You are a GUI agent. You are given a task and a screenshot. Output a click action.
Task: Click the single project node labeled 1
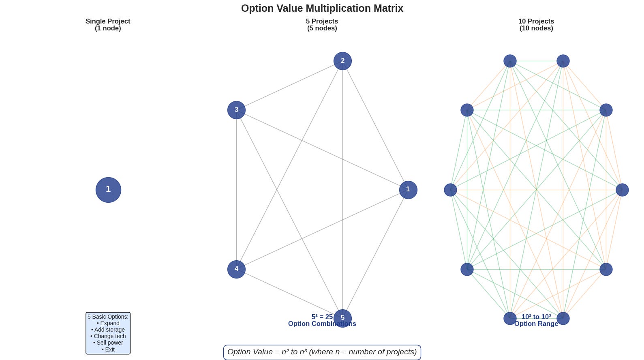tap(108, 190)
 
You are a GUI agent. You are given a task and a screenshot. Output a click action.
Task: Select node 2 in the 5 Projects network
tap(342, 61)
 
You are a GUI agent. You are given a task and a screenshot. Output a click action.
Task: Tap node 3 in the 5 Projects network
tap(236, 110)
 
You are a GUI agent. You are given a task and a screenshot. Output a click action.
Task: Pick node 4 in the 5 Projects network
tap(236, 269)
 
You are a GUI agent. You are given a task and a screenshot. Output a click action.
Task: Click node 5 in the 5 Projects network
tap(342, 318)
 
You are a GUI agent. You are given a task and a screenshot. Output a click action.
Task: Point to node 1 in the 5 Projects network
tap(408, 190)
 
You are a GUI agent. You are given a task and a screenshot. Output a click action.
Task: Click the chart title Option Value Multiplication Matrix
tap(322, 9)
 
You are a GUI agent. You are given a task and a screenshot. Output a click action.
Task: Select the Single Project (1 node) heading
tap(108, 25)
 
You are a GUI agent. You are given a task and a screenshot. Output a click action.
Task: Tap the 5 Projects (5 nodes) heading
tap(322, 25)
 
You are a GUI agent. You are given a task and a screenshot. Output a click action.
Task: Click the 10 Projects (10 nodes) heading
tap(536, 25)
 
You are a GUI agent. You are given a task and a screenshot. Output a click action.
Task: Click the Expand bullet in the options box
tap(108, 323)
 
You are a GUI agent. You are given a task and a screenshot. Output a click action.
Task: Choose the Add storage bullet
tap(108, 330)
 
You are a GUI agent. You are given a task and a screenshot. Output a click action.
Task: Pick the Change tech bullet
tap(108, 336)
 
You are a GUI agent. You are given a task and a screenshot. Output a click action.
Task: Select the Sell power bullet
tap(108, 343)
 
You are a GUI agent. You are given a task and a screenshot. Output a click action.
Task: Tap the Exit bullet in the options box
tap(108, 349)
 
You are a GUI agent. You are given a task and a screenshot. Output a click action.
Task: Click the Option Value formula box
tap(322, 352)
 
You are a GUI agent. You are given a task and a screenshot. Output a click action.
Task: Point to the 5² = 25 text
tap(322, 317)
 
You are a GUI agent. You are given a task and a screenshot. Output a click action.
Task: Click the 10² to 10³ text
tap(536, 317)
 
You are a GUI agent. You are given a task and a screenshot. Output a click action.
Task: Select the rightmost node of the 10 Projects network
tap(622, 190)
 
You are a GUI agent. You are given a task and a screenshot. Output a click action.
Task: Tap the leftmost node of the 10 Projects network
tap(450, 190)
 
